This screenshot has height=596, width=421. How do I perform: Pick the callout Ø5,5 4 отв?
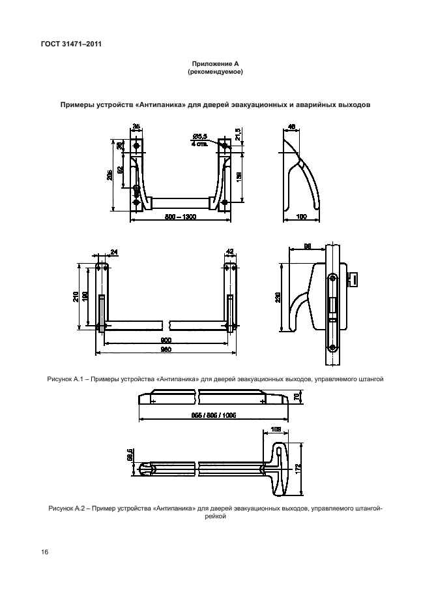click(x=199, y=140)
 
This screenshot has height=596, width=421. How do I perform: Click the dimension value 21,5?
click(x=239, y=133)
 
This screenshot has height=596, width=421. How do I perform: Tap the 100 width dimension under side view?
click(x=301, y=216)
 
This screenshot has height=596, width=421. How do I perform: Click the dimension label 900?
click(x=166, y=341)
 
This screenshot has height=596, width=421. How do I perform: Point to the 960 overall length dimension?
click(x=166, y=349)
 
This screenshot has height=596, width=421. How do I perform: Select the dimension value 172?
click(x=298, y=468)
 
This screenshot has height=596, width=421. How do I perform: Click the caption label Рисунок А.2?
click(x=66, y=508)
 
